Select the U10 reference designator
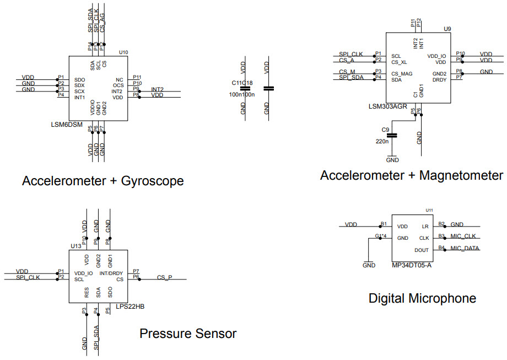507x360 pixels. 123,52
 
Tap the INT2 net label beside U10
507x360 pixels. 157,89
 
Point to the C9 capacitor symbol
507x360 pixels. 392,135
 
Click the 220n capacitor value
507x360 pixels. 382,142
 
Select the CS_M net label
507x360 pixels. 347,72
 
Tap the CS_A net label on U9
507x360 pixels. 347,60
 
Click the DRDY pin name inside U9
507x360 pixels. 439,80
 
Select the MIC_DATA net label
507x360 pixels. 465,248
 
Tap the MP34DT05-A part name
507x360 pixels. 412,265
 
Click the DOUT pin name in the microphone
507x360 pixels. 422,250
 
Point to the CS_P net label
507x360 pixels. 164,277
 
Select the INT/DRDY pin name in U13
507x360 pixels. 111,273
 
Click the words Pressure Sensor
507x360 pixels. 188,334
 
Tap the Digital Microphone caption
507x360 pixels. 422,298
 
